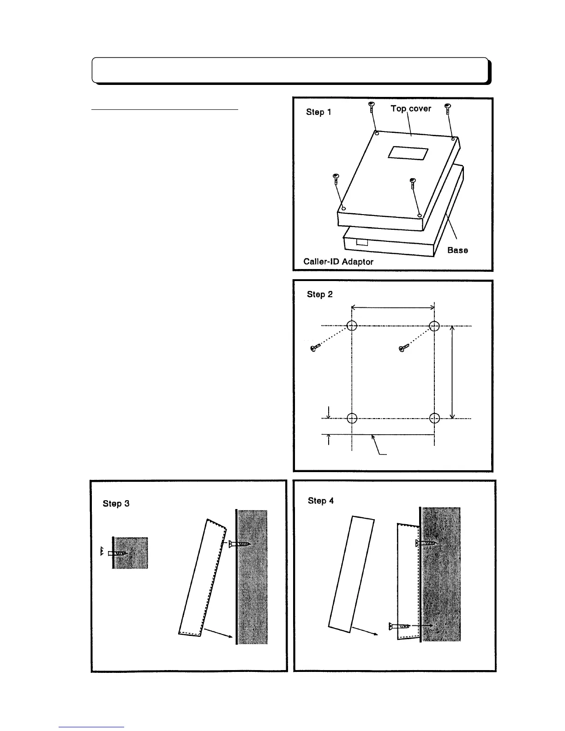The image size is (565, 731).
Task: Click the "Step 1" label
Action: click(x=319, y=112)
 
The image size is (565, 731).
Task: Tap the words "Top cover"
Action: click(x=411, y=108)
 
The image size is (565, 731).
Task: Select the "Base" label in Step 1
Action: click(x=457, y=250)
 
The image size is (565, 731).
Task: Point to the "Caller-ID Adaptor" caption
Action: click(x=338, y=262)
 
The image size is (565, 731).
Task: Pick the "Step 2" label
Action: click(x=320, y=294)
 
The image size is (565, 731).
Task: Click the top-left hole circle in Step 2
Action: click(x=352, y=326)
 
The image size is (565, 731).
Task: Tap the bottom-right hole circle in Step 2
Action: click(x=434, y=418)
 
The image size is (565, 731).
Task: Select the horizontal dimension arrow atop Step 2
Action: click(x=393, y=307)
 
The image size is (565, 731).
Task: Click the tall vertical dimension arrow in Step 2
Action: click(x=452, y=372)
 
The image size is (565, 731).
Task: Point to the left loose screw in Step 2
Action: click(x=315, y=347)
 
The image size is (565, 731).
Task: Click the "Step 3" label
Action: click(x=116, y=503)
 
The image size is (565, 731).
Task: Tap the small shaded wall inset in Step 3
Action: click(x=131, y=553)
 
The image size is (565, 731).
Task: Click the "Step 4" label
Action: click(x=320, y=501)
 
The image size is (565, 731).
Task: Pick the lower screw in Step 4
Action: click(x=399, y=626)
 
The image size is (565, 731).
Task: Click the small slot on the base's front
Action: click(x=362, y=242)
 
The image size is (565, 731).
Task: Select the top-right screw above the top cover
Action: click(x=447, y=111)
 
